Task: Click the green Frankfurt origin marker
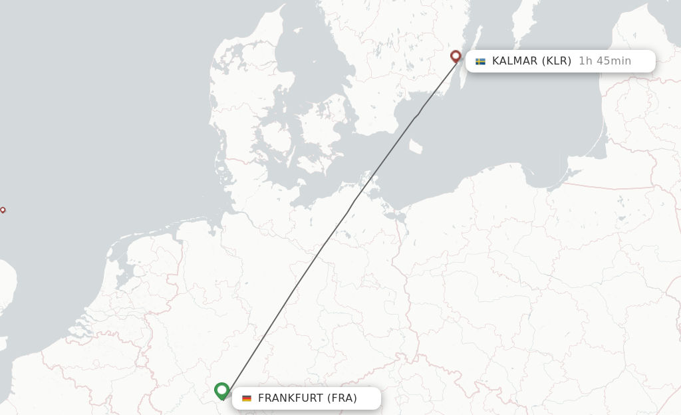[222, 390]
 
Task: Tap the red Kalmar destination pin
[456, 56]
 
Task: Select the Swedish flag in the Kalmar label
[480, 61]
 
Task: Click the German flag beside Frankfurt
[247, 398]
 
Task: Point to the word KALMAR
[514, 61]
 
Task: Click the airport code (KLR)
[556, 61]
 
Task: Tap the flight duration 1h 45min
[605, 61]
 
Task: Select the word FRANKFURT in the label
[290, 398]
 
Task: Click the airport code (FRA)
[342, 398]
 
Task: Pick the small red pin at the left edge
[3, 209]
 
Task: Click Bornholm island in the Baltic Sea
[416, 146]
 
